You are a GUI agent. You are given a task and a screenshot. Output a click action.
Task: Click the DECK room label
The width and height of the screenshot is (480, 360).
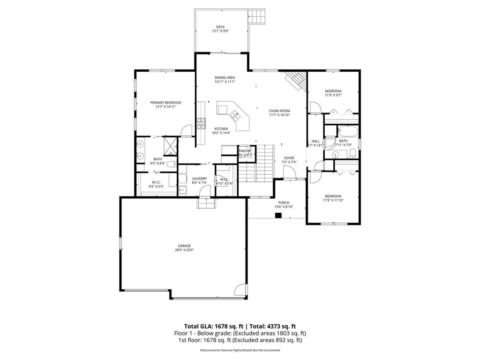pos(220,27)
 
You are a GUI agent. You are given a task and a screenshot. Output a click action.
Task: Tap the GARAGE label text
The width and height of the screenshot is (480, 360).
pos(184,246)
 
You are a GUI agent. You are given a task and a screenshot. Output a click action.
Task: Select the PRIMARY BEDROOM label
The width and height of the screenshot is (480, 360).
pos(165,102)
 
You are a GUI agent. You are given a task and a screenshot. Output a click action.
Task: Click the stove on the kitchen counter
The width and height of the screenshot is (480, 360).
pos(202,123)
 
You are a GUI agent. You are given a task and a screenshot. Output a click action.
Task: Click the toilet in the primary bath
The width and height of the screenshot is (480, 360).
pos(172,164)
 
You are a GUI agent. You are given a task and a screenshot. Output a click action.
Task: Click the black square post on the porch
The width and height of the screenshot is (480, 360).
pos(278,216)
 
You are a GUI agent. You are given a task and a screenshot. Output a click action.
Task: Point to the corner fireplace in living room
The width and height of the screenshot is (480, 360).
pos(295,81)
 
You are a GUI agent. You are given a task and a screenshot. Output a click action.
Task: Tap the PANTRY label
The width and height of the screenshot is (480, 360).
pos(245,150)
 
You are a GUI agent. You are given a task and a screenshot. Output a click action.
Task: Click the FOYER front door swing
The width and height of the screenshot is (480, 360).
pos(290,173)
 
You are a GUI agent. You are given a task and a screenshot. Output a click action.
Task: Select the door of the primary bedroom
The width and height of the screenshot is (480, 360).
pos(187,129)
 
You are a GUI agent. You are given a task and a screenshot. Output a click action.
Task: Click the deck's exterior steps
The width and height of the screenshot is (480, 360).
pos(258,17)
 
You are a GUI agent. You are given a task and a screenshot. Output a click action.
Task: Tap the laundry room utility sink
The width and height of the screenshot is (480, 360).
pos(183,190)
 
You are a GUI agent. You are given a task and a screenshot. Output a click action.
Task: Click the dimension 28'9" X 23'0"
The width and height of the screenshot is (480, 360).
pos(184,250)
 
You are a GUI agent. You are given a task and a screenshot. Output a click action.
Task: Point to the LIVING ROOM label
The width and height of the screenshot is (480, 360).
pos(279,111)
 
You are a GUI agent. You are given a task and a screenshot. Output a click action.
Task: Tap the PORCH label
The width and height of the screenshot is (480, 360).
pos(284,202)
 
